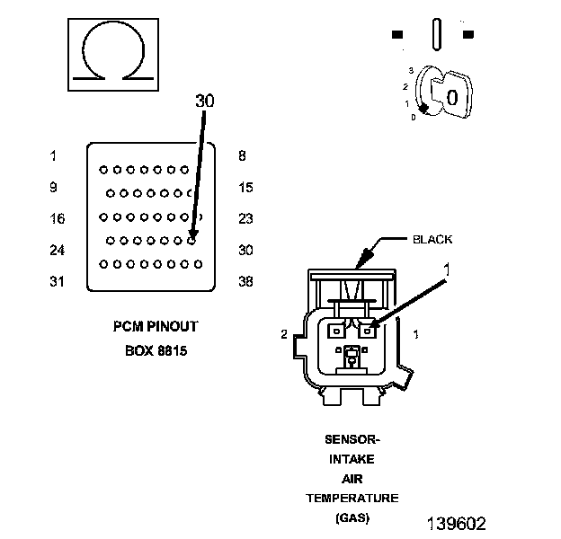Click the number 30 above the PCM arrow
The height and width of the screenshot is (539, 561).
click(x=205, y=101)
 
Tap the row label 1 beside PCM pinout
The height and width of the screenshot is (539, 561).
click(x=53, y=155)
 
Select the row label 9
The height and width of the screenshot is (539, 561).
click(x=53, y=187)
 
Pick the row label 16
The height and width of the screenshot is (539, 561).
click(x=58, y=218)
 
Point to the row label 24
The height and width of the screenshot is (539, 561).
click(x=58, y=251)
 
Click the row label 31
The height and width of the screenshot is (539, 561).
click(x=57, y=282)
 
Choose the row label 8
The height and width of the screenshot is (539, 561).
click(x=242, y=155)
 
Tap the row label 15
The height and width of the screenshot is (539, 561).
click(x=245, y=187)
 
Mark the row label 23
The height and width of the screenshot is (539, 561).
click(x=245, y=218)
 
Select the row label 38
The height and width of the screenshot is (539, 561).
click(x=245, y=282)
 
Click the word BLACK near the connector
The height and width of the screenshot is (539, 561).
click(x=432, y=239)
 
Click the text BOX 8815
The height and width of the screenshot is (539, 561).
click(x=156, y=350)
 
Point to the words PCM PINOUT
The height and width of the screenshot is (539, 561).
click(x=156, y=326)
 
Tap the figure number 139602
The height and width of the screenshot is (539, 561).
click(x=457, y=524)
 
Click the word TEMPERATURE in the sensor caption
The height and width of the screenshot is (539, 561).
click(x=352, y=498)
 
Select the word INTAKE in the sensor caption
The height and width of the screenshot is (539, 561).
click(x=352, y=459)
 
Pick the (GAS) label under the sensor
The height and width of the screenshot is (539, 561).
click(x=352, y=517)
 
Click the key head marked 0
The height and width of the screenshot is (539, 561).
click(x=451, y=95)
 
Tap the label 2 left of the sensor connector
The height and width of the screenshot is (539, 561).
click(x=284, y=334)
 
